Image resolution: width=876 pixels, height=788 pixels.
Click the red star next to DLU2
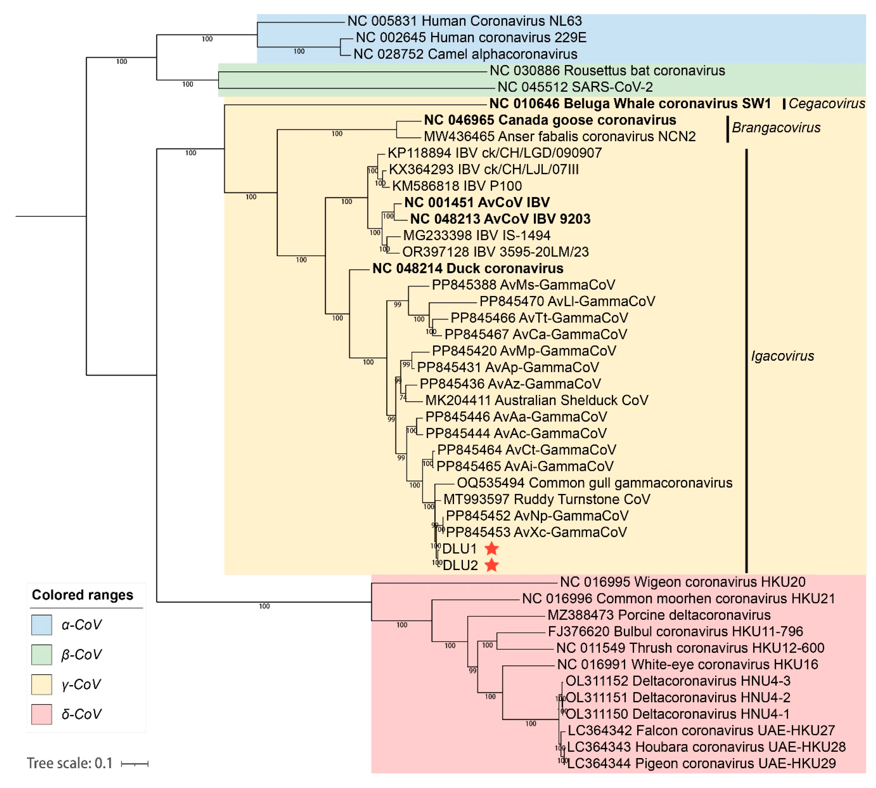pos(491,565)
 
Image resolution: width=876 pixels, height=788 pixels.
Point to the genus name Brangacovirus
pos(776,128)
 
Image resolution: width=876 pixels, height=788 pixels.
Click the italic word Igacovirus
pos(782,356)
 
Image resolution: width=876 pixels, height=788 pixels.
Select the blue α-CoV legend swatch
pos(42,625)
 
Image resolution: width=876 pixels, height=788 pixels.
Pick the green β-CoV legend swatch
pos(42,654)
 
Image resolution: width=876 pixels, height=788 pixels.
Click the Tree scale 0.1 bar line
pos(135,764)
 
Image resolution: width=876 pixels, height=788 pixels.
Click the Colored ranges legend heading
pos(82,595)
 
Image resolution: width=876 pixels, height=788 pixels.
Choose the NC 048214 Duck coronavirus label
pos(468,268)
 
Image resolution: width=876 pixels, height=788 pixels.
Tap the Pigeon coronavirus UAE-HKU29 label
pos(702,763)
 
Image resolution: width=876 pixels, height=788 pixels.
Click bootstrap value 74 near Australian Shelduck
pos(403,398)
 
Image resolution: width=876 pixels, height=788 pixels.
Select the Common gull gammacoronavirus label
pos(595,483)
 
